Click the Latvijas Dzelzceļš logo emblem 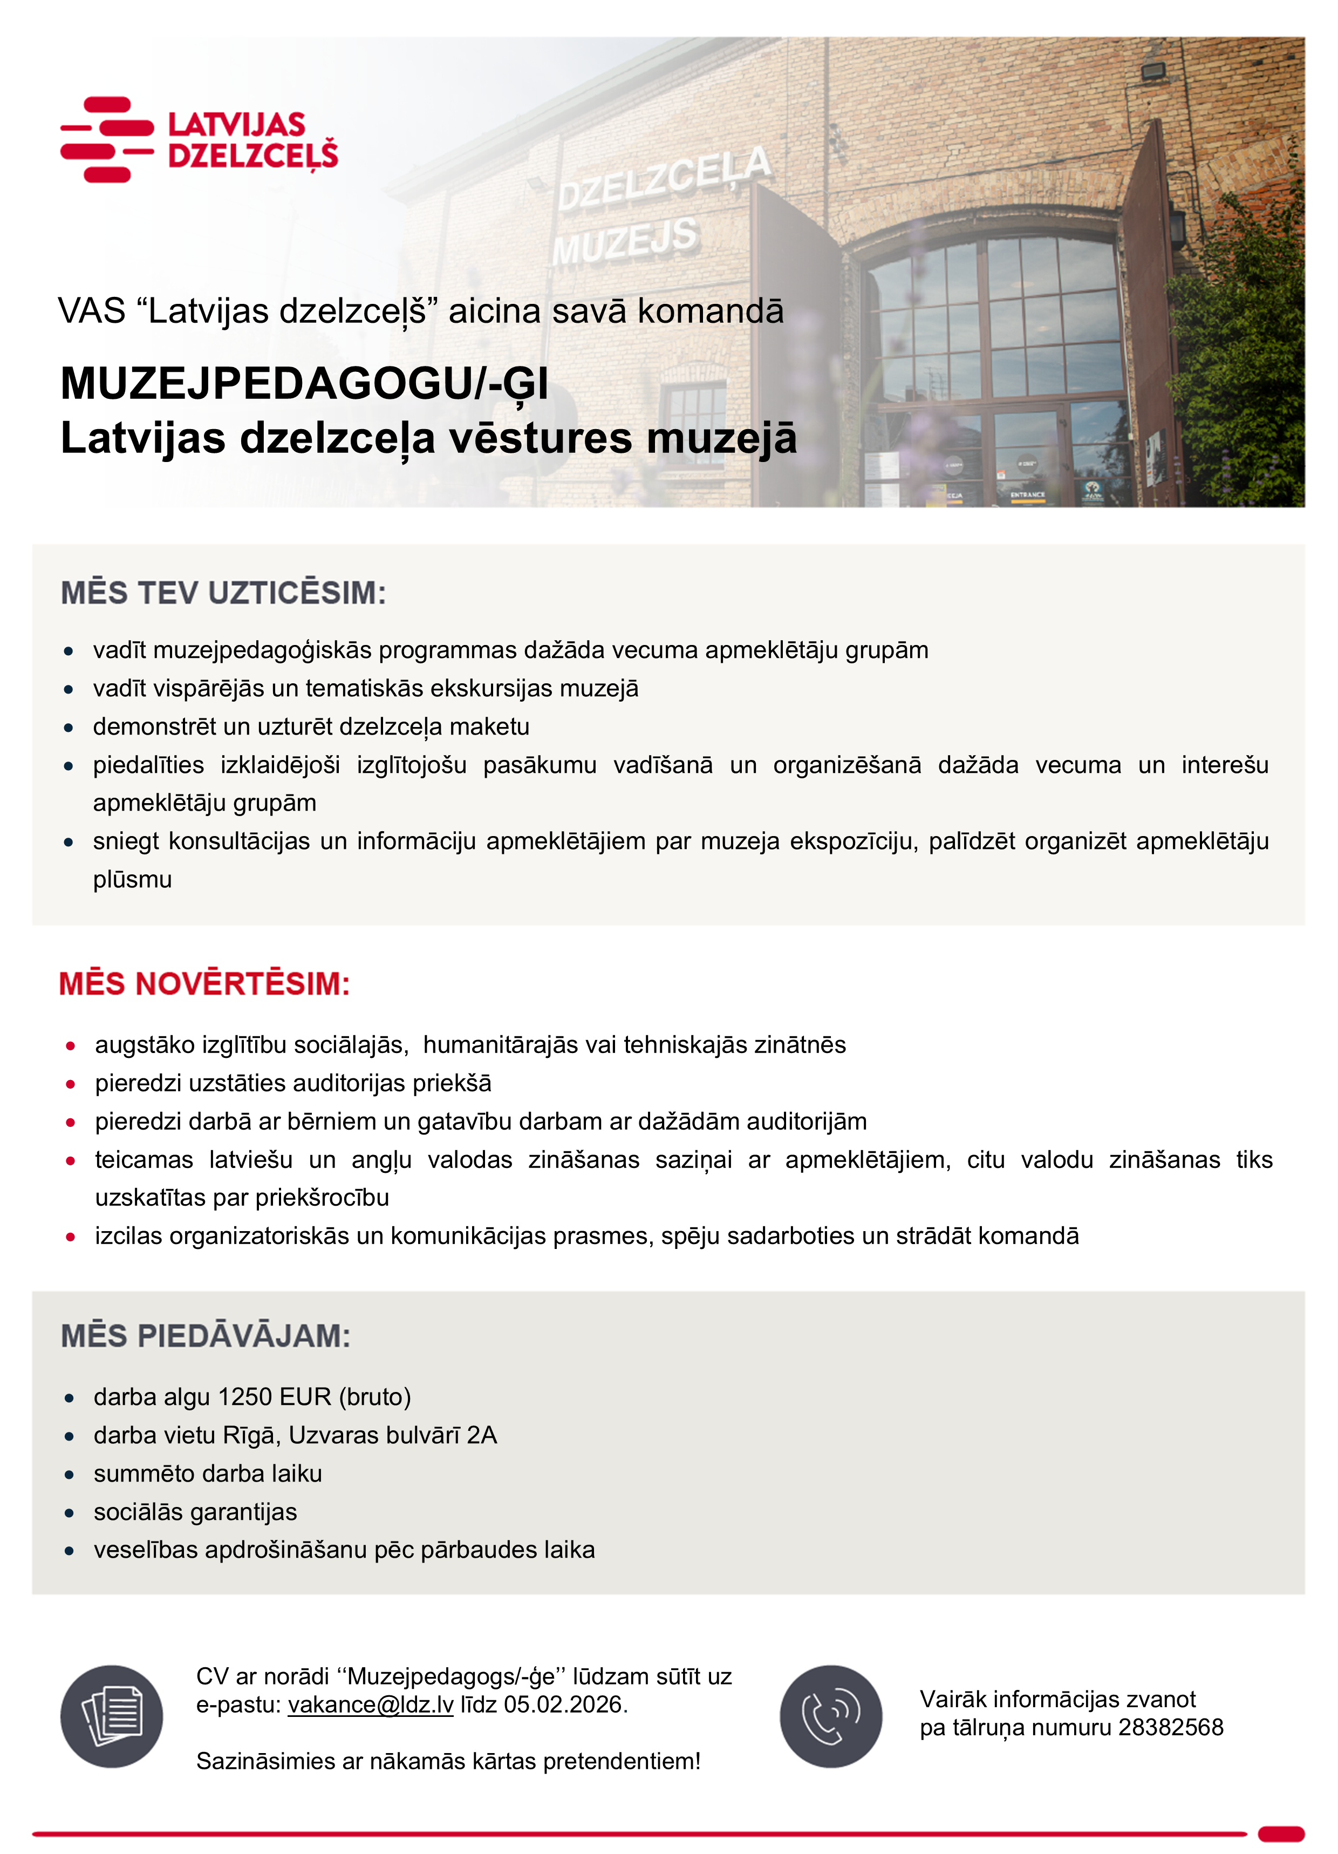click(107, 139)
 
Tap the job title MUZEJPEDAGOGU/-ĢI click(304, 383)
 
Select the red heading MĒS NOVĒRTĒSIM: click(204, 983)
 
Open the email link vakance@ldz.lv click(370, 1704)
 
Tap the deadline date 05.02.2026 click(563, 1704)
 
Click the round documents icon click(112, 1716)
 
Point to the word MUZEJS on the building click(625, 241)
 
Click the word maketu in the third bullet click(489, 726)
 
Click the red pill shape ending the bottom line click(1281, 1833)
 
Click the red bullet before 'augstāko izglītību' click(71, 1045)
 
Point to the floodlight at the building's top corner click(1152, 71)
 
